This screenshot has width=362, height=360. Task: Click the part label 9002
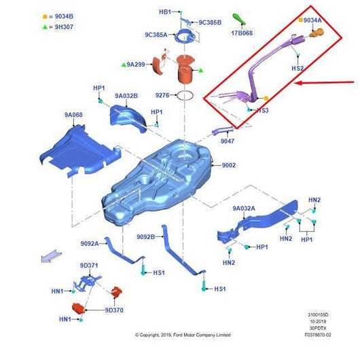[x=229, y=165]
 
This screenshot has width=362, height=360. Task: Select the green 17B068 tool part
[x=239, y=19]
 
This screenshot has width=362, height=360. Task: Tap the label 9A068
[x=73, y=115]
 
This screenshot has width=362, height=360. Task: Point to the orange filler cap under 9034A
[x=316, y=33]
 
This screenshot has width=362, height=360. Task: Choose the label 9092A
[x=90, y=244]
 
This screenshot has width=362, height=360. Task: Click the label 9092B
[x=145, y=237]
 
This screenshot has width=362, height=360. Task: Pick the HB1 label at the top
[x=165, y=12]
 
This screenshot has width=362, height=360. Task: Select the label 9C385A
[x=156, y=35]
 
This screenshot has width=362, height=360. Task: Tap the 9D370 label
[x=114, y=310]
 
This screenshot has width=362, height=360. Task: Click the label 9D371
[x=89, y=266]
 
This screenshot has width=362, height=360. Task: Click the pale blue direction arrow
[x=52, y=256]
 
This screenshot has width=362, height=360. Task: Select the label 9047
[x=228, y=141]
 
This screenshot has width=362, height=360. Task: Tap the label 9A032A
[x=244, y=209]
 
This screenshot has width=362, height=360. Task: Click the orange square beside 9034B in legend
[x=45, y=16]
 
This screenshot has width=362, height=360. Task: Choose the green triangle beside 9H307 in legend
[x=45, y=27]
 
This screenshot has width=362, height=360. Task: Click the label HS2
[x=297, y=69]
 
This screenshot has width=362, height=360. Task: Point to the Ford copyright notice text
[x=183, y=335]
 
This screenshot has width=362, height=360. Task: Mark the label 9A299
[x=136, y=65]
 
